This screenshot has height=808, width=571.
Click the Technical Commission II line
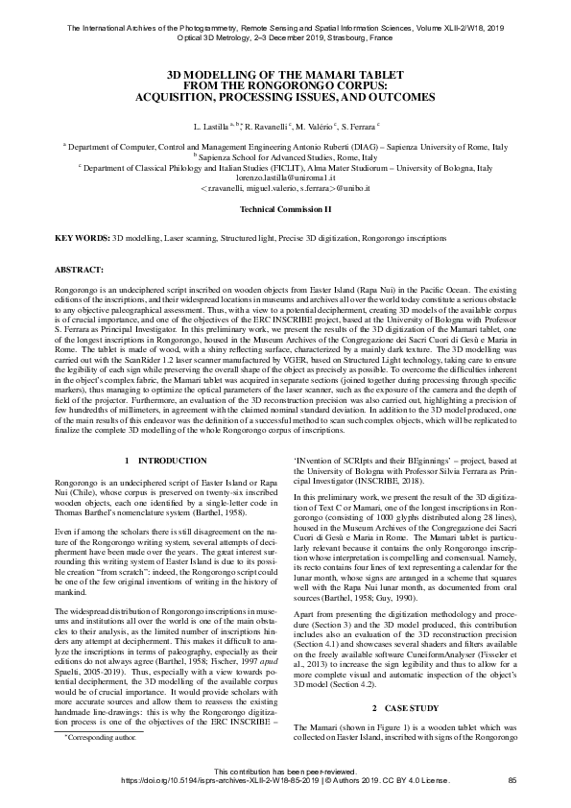(285, 208)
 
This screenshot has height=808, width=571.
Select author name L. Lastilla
(211, 126)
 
